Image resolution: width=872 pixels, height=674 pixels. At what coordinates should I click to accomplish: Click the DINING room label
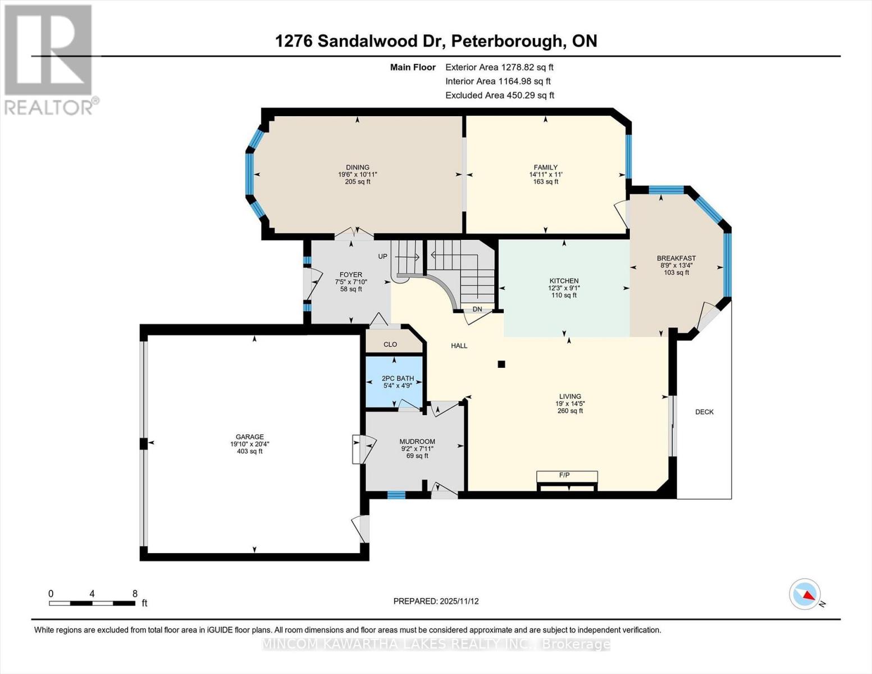pos(358,167)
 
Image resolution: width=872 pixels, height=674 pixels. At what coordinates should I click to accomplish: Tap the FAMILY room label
pos(545,167)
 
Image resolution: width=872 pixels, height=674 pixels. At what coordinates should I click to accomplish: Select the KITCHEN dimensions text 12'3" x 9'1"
pos(564,288)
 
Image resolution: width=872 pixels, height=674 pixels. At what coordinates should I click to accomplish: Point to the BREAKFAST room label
pos(676,258)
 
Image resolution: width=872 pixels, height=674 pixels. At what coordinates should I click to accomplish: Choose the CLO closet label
pos(390,344)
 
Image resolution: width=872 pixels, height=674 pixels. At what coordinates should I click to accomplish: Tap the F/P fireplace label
pos(564,475)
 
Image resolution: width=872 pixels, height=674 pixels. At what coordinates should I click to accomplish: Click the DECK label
pos(704,412)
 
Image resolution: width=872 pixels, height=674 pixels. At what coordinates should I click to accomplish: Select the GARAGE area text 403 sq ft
pos(250,451)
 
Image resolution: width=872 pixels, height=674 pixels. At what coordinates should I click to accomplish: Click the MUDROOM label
pos(417,441)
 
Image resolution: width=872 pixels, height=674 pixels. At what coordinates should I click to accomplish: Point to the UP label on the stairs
pos(382,257)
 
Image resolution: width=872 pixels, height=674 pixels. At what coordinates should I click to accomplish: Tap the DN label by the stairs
pos(477,309)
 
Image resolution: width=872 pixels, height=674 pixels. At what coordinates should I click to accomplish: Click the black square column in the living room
pos(501,364)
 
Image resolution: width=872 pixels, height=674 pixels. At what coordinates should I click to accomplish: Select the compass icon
pos(805,594)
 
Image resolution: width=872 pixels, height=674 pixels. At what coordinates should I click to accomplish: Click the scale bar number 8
pos(135,594)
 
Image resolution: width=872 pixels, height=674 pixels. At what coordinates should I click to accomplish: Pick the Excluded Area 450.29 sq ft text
pos(500,95)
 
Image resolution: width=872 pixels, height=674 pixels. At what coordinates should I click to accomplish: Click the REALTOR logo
pos(49,59)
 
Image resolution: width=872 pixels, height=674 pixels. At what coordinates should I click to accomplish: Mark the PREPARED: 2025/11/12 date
pos(436,601)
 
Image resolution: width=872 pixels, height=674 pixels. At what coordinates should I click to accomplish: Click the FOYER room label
pos(350,275)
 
